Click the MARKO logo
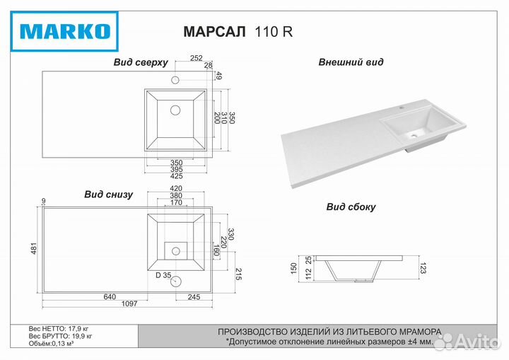tap(64, 31)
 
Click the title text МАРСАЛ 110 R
tap(238, 32)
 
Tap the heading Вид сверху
tap(141, 62)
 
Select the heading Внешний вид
tap(351, 62)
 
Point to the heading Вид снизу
tap(108, 194)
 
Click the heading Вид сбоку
tap(351, 207)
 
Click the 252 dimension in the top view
tap(197, 58)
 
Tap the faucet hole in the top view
tap(175, 80)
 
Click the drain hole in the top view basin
tap(175, 110)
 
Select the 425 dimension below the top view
tap(176, 176)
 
